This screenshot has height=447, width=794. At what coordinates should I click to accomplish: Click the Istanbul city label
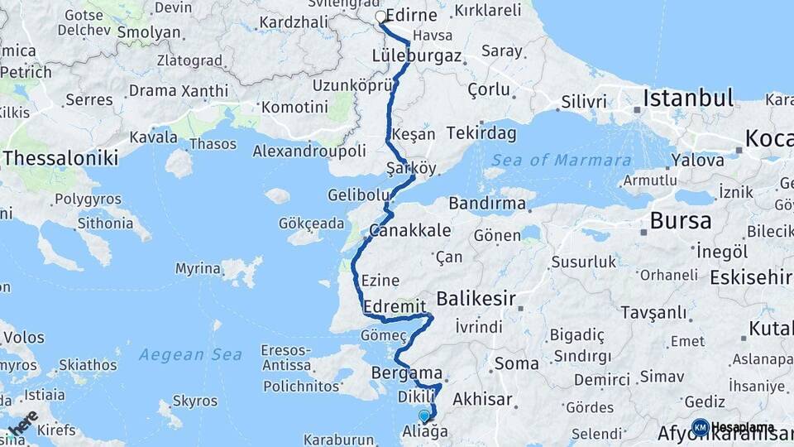[x=688, y=99]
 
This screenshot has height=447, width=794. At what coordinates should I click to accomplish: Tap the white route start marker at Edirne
[x=380, y=17]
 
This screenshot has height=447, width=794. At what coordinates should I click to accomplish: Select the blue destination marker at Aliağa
[x=424, y=416]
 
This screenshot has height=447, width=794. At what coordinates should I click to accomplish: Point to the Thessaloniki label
[x=60, y=157]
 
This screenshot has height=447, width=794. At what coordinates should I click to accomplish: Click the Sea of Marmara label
[x=561, y=161]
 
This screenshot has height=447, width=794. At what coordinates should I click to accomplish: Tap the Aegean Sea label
[x=190, y=355]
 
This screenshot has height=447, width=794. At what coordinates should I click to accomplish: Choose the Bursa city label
[x=681, y=221]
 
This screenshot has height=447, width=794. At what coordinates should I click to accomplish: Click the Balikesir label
[x=476, y=298]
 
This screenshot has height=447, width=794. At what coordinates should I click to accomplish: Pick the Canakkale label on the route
[x=410, y=230]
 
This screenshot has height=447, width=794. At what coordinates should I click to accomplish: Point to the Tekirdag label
[x=481, y=133]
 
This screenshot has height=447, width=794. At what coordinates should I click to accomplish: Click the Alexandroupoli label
[x=309, y=151]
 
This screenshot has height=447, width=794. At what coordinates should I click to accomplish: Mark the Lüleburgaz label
[x=416, y=56]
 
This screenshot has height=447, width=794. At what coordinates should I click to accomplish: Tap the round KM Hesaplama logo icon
[x=701, y=427]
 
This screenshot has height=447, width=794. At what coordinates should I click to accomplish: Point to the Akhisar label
[x=482, y=399]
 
